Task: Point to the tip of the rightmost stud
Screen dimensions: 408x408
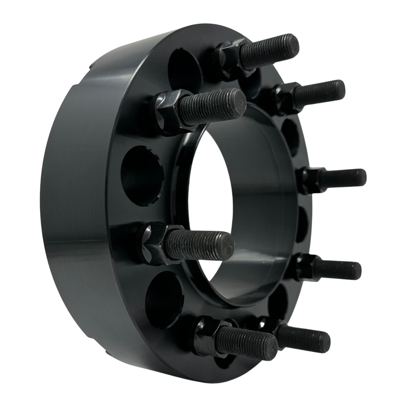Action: (x=360, y=175)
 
